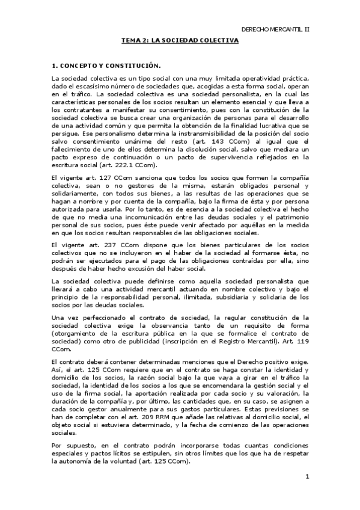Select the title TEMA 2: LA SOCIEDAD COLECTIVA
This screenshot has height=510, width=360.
click(x=180, y=40)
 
